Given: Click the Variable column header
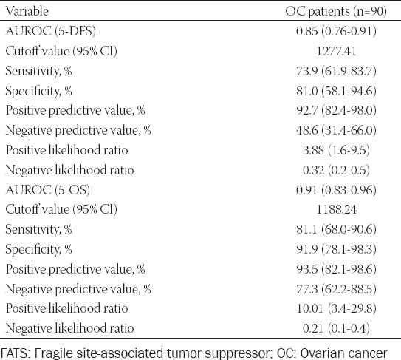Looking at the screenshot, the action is (x=27, y=11).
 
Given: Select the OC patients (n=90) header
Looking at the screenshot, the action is (x=336, y=12).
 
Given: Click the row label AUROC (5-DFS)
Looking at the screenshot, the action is (x=51, y=31).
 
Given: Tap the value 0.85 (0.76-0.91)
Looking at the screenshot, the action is (x=336, y=31).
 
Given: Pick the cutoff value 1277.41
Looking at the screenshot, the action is (x=336, y=51).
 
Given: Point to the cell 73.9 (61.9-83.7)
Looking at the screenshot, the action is (x=336, y=71).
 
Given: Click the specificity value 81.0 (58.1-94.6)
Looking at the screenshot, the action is (x=336, y=91).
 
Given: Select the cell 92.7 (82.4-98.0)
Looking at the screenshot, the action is (x=336, y=111).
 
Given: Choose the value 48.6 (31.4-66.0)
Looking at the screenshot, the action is (x=336, y=130).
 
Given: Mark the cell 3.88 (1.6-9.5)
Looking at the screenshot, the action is (x=336, y=150).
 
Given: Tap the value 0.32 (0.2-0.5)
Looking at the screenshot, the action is (x=336, y=170).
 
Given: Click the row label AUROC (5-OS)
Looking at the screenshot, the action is (x=47, y=190).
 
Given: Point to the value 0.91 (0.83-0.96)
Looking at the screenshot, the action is (x=336, y=190).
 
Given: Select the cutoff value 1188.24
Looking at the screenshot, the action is (x=336, y=210).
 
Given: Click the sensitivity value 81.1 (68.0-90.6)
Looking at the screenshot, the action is (x=336, y=229).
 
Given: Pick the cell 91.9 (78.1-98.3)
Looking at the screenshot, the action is (x=336, y=249).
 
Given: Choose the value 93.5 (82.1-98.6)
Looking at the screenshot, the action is (x=336, y=269).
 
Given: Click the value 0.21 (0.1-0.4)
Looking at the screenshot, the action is (x=336, y=328).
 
